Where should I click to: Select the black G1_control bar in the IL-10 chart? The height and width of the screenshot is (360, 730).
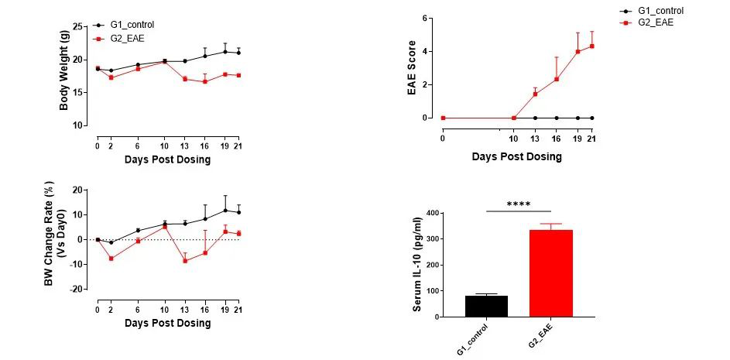pyautogui.click(x=486, y=306)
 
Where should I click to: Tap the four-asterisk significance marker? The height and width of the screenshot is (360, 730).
pyautogui.click(x=518, y=204)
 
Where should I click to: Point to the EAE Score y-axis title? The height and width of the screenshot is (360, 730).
pyautogui.click(x=412, y=68)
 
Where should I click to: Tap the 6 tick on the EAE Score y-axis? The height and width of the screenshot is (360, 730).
pyautogui.click(x=425, y=18)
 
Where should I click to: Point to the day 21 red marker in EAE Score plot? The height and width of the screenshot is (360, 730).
pyautogui.click(x=592, y=46)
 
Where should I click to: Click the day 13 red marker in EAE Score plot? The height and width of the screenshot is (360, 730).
pyautogui.click(x=535, y=94)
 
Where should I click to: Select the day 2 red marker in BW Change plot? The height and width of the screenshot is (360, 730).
pyautogui.click(x=111, y=258)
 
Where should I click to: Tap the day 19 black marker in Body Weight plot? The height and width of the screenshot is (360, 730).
pyautogui.click(x=225, y=51)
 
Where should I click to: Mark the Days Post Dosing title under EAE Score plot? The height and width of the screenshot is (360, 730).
pyautogui.click(x=516, y=156)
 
